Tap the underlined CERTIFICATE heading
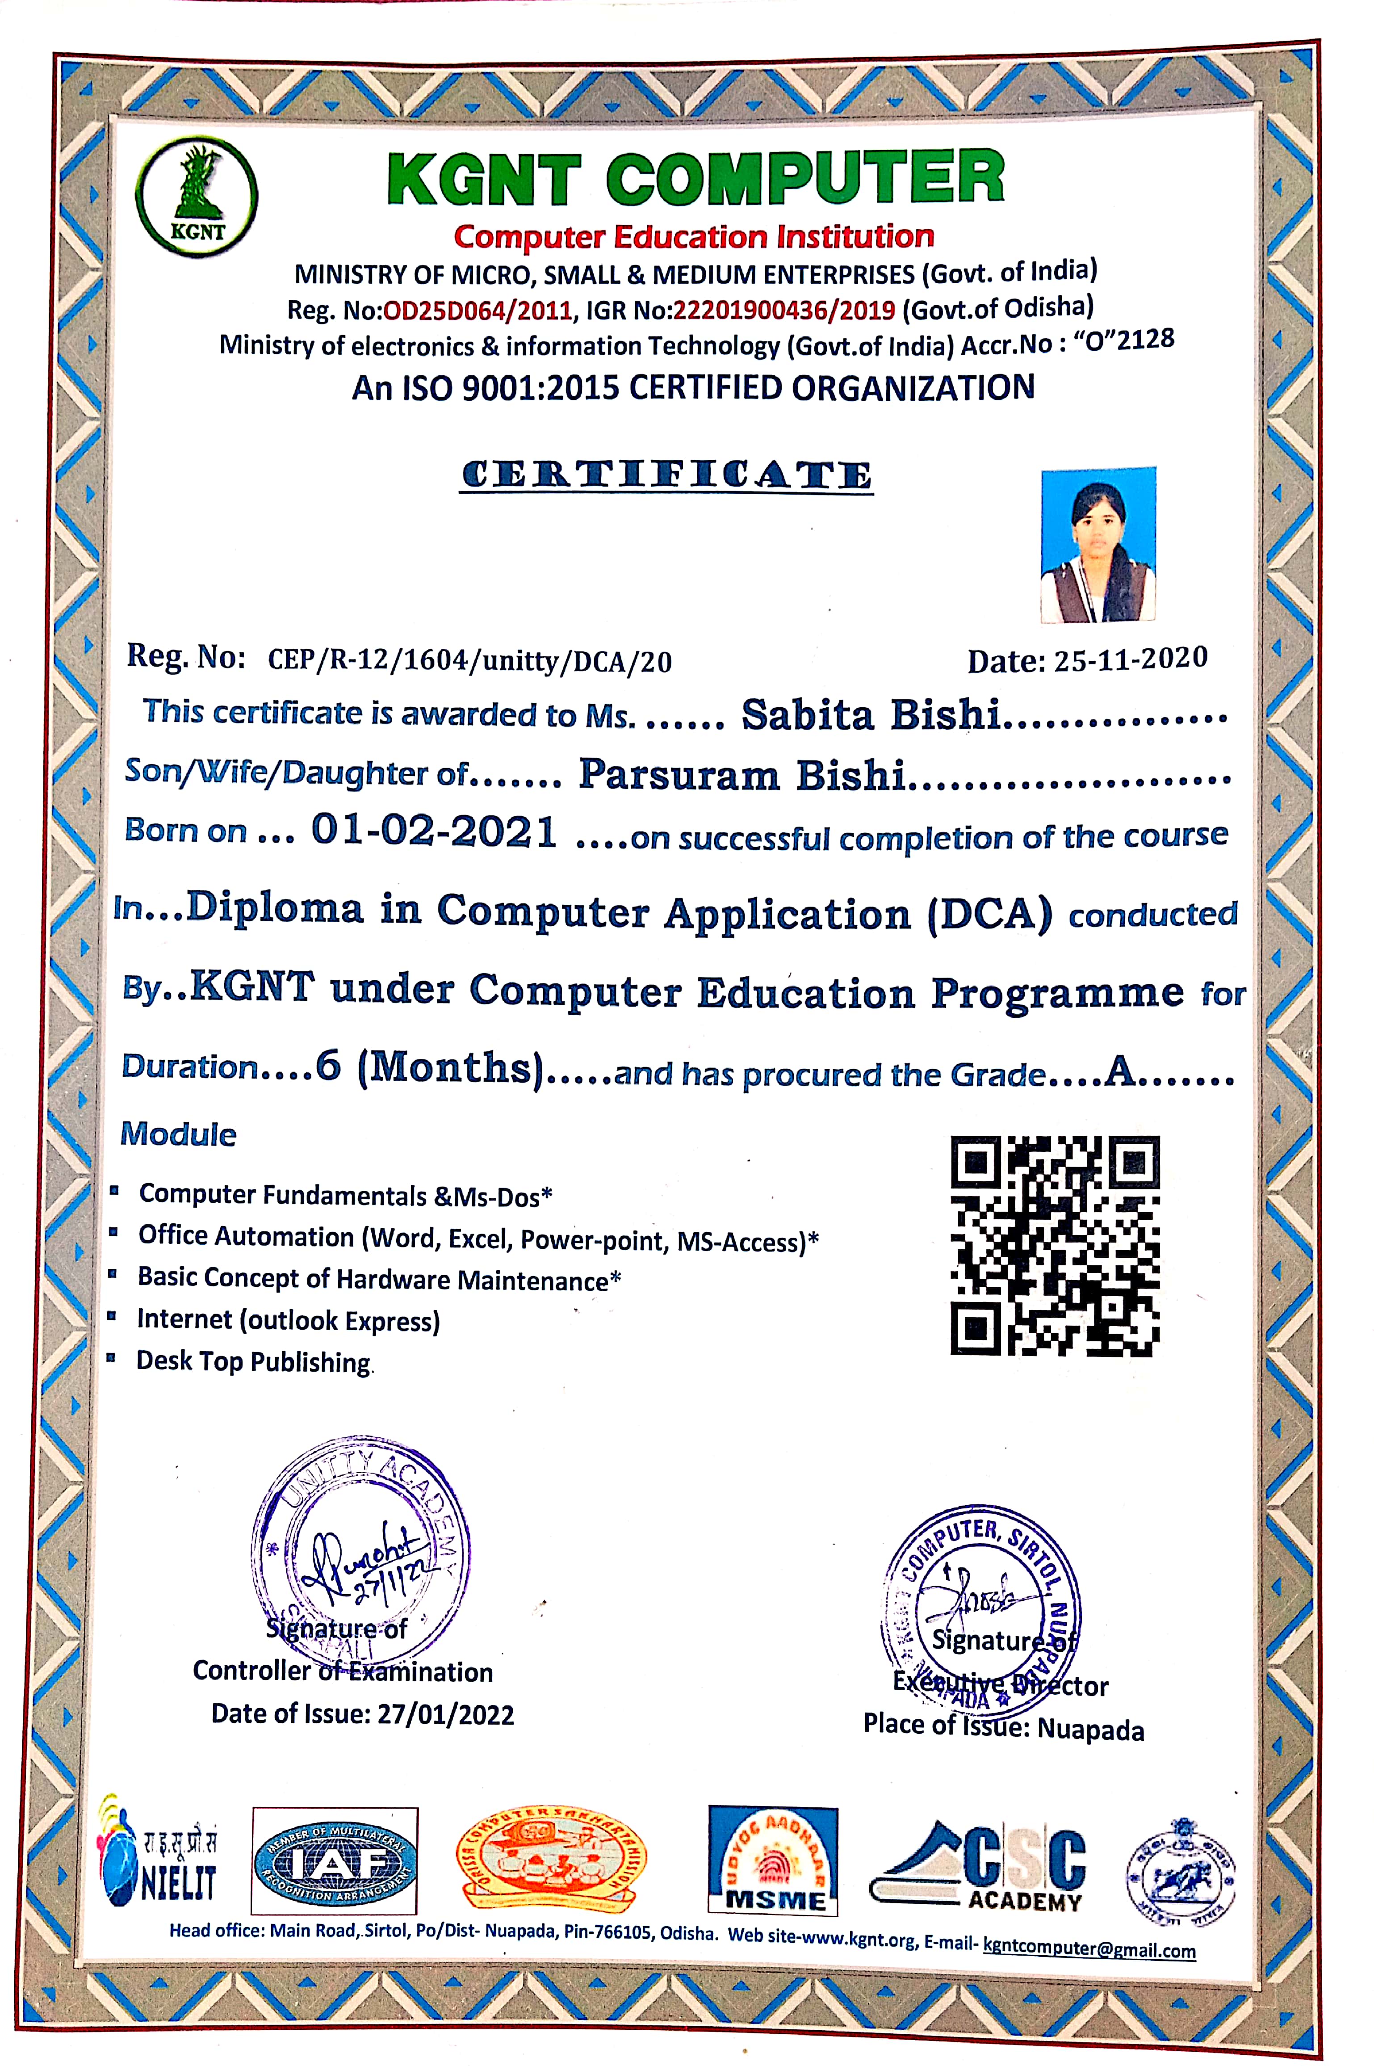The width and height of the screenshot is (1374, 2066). [667, 476]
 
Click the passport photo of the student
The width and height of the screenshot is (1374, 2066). [1098, 545]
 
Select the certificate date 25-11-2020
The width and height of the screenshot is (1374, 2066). [1131, 658]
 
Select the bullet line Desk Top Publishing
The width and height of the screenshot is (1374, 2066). [253, 1361]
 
